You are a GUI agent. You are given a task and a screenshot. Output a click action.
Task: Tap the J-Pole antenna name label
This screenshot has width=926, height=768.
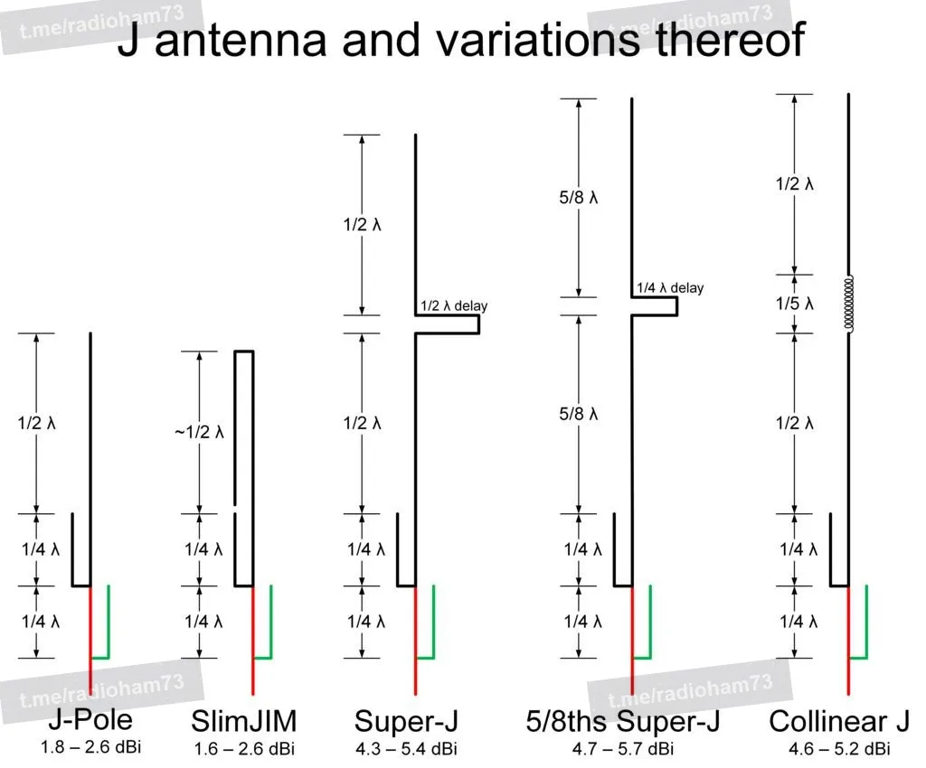pos(90,719)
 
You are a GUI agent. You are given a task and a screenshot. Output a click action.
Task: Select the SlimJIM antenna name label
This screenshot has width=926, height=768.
pos(244,721)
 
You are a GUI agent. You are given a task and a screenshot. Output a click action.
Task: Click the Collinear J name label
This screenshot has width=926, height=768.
pos(839,721)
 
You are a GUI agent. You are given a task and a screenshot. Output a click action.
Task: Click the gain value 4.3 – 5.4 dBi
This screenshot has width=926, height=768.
pos(406,749)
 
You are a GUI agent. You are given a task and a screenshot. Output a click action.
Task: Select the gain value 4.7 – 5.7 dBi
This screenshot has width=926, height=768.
pos(623,749)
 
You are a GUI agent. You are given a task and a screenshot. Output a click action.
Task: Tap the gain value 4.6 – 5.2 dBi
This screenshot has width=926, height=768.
pos(839,749)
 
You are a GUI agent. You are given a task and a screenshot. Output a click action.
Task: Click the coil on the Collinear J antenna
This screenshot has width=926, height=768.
pos(848,304)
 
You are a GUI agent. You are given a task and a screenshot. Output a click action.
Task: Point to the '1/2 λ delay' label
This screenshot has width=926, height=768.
pos(454,305)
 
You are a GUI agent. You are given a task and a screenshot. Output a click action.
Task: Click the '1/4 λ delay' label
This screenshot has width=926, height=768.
pos(670,288)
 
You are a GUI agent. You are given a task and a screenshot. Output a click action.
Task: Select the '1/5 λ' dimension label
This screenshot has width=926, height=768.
pos(794,304)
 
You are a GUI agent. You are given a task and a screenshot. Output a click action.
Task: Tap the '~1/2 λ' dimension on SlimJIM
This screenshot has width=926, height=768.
pos(199,433)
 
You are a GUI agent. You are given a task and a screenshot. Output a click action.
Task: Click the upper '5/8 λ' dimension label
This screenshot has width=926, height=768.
pos(578,197)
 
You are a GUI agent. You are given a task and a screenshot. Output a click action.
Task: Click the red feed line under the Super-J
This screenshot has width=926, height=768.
pos(416,641)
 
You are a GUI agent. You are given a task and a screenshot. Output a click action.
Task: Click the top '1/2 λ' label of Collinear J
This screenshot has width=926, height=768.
pos(794,184)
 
